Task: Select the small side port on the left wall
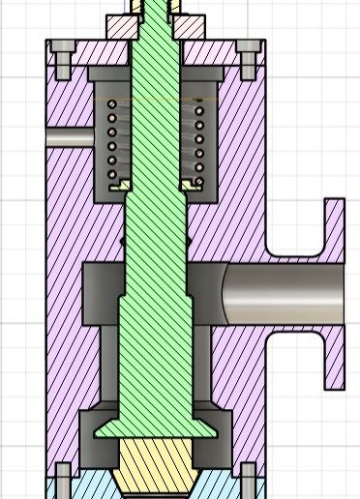tap(68, 137)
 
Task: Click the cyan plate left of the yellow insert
tap(92, 484)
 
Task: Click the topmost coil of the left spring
tap(111, 104)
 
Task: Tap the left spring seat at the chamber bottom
tap(118, 186)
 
